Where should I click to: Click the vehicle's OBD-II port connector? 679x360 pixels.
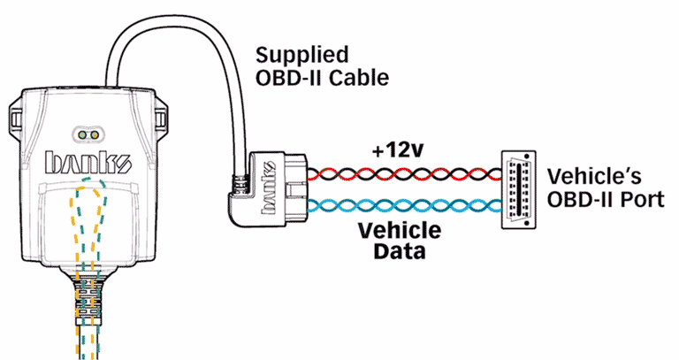[520, 189]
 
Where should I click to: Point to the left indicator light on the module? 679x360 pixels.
[82, 135]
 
